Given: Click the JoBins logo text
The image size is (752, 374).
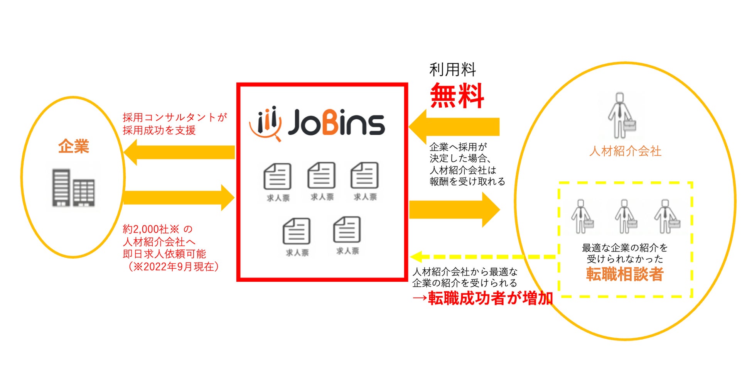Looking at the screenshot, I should [336, 123].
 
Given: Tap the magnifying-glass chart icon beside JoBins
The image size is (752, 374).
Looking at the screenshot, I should [266, 123].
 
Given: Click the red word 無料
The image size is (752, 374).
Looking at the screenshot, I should [457, 95].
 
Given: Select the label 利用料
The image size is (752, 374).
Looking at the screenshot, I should [452, 70].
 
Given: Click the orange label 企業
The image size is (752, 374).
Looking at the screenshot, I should [74, 146].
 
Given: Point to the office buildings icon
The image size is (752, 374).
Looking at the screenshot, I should [73, 188].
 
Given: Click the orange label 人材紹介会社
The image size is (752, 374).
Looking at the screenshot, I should [625, 151].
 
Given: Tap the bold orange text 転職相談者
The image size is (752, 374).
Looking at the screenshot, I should [625, 274].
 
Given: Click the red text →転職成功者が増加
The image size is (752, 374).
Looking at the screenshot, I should [482, 298].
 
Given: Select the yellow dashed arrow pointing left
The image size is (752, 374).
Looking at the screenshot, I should [482, 256].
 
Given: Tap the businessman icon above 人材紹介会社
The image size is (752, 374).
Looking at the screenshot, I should [621, 116].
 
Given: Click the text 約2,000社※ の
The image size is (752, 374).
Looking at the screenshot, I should [157, 229].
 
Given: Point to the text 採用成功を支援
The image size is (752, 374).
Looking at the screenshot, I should [159, 130].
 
